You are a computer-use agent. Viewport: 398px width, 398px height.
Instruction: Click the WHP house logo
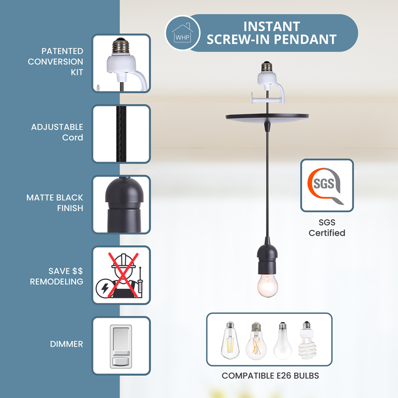pyautogui.click(x=182, y=33)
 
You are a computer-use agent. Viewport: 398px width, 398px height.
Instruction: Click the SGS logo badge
pyautogui.click(x=327, y=185)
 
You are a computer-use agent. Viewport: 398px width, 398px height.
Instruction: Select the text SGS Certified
pyautogui.click(x=327, y=228)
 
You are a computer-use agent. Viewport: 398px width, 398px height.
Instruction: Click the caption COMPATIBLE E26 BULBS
pyautogui.click(x=270, y=375)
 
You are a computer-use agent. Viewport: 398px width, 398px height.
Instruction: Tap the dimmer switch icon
pyautogui.click(x=121, y=345)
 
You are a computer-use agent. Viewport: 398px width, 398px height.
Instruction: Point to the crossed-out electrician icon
pyautogui.click(x=121, y=275)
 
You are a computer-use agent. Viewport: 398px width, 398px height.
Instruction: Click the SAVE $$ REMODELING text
pyautogui.click(x=57, y=276)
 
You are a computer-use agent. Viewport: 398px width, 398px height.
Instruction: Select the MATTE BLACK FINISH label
pyautogui.click(x=55, y=203)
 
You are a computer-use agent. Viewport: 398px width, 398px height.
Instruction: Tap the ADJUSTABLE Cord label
pyautogui.click(x=57, y=132)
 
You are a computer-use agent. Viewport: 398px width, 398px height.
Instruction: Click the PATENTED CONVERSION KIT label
pyautogui.click(x=55, y=62)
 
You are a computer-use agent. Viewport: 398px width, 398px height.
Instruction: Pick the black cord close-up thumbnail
pyautogui.click(x=121, y=134)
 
